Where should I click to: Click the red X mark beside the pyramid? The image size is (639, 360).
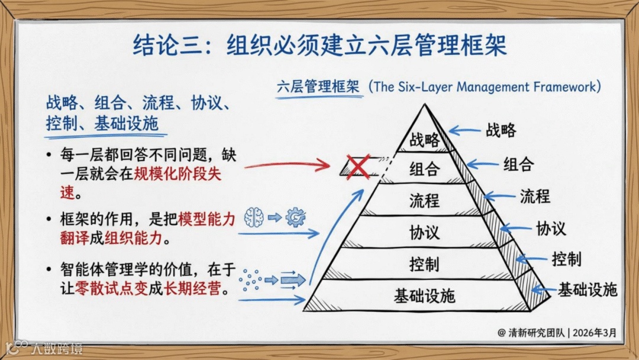tap(358, 166)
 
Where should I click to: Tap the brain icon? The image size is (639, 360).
tap(253, 217)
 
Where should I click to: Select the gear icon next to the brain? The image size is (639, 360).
tap(294, 217)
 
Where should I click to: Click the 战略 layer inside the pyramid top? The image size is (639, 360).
tap(425, 140)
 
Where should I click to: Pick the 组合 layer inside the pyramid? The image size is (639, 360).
tap(425, 169)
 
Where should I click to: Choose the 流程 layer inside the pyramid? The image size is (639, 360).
tap(425, 200)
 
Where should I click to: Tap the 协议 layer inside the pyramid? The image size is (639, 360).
tap(425, 232)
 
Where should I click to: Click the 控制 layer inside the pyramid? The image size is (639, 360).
tap(425, 263)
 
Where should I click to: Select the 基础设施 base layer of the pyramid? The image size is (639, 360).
tap(425, 295)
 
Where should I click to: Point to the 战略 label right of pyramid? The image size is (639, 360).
tap(501, 130)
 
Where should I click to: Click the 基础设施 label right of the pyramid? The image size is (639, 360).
tap(588, 290)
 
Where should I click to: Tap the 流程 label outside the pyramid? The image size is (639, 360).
tap(535, 195)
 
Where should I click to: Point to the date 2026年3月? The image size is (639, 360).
tap(595, 333)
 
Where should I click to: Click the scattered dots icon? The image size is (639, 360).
tap(251, 279)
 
